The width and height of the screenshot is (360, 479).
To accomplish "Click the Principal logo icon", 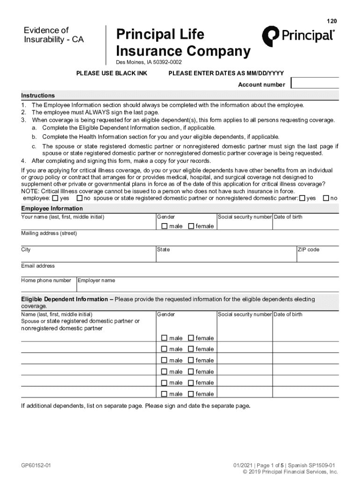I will pos(271,36).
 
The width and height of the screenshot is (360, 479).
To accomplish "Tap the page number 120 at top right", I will pos(331,21).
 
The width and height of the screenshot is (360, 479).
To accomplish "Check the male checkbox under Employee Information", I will pos(164,226).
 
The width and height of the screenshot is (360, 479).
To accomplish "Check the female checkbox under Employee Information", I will pos(191,226).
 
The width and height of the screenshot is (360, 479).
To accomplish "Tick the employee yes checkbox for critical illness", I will pos(56,198).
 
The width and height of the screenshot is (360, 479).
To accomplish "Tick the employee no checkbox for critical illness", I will pos(79,198).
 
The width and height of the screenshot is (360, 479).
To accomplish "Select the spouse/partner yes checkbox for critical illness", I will pos(302,198).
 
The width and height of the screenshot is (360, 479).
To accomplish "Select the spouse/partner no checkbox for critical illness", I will pos(326,198).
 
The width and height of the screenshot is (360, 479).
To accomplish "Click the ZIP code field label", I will pos(309,250).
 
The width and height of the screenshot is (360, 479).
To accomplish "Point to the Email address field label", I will pos(38,266).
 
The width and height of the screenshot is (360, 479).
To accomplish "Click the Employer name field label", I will pos(96,281).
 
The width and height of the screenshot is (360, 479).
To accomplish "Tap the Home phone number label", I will pos(46,281).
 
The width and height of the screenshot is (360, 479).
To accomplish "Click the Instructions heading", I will pos(38,95).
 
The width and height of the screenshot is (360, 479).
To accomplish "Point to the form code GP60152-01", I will pos(36,465).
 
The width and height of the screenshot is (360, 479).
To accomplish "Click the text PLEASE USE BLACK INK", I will pos(112,73).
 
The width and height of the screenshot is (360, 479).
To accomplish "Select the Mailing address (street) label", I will pos(49,233).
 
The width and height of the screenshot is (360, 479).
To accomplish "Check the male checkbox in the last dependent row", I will pos(164,394).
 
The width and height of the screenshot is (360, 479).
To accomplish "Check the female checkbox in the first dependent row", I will pos(191,338).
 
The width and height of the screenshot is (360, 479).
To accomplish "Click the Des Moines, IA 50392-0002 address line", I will pos(149,62).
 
